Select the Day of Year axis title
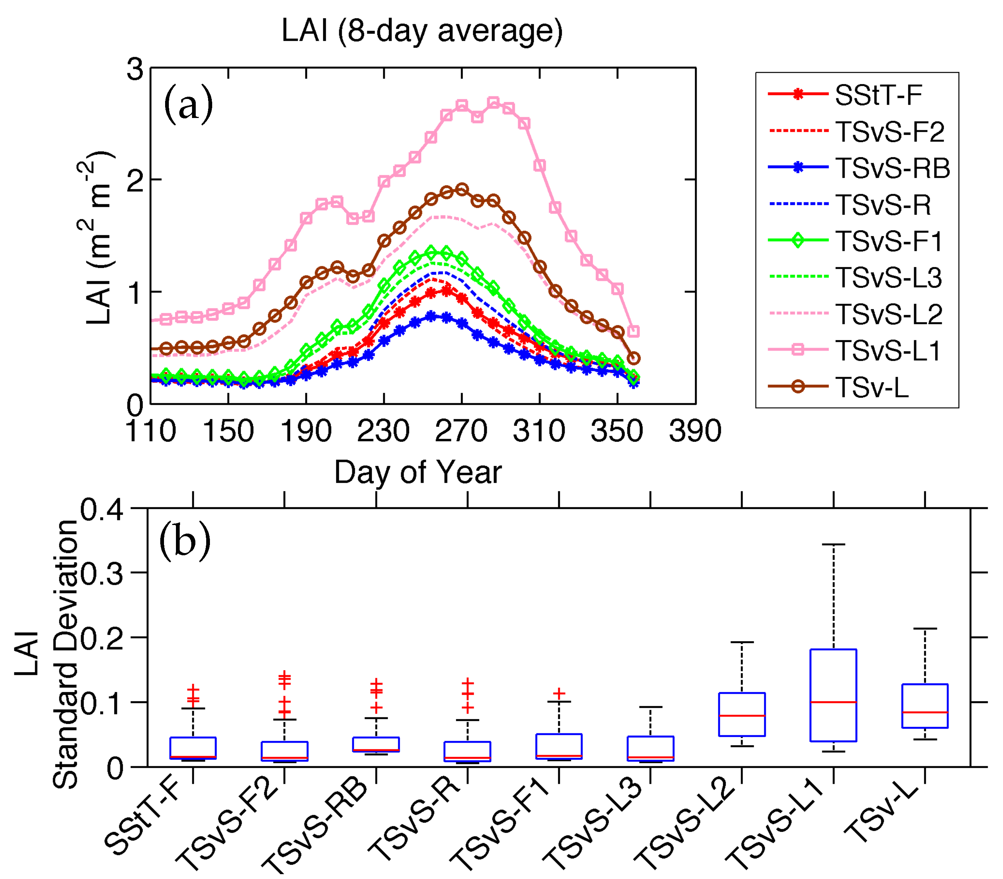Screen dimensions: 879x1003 pyautogui.click(x=418, y=472)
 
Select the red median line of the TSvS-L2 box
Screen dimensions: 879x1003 pyautogui.click(x=742, y=716)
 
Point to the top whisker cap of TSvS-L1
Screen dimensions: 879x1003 pyautogui.click(x=833, y=544)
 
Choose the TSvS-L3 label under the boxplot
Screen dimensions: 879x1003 pyautogui.click(x=600, y=824)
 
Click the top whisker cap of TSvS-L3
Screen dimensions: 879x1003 pyautogui.click(x=651, y=707)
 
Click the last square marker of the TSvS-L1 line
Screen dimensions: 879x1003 pyautogui.click(x=634, y=332)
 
